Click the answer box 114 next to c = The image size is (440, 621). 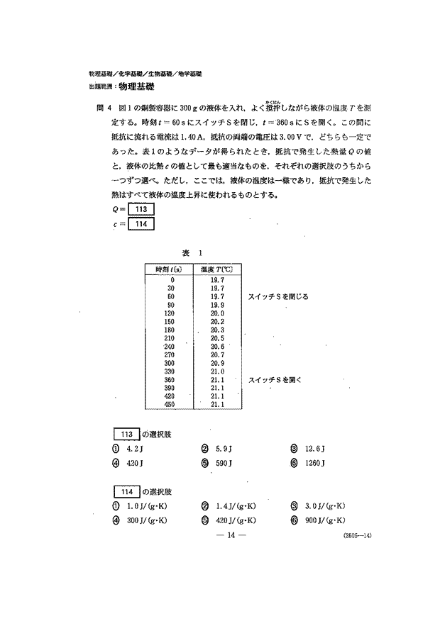point(140,223)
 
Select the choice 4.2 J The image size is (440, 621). point(124,449)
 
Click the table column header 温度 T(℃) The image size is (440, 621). point(217,269)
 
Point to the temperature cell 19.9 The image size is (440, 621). point(218,304)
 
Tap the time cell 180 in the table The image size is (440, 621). point(169,330)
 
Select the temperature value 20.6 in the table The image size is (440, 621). point(218,347)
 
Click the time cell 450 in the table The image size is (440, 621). point(169,405)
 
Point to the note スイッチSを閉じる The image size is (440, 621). point(278,296)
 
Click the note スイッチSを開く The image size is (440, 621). point(275,380)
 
